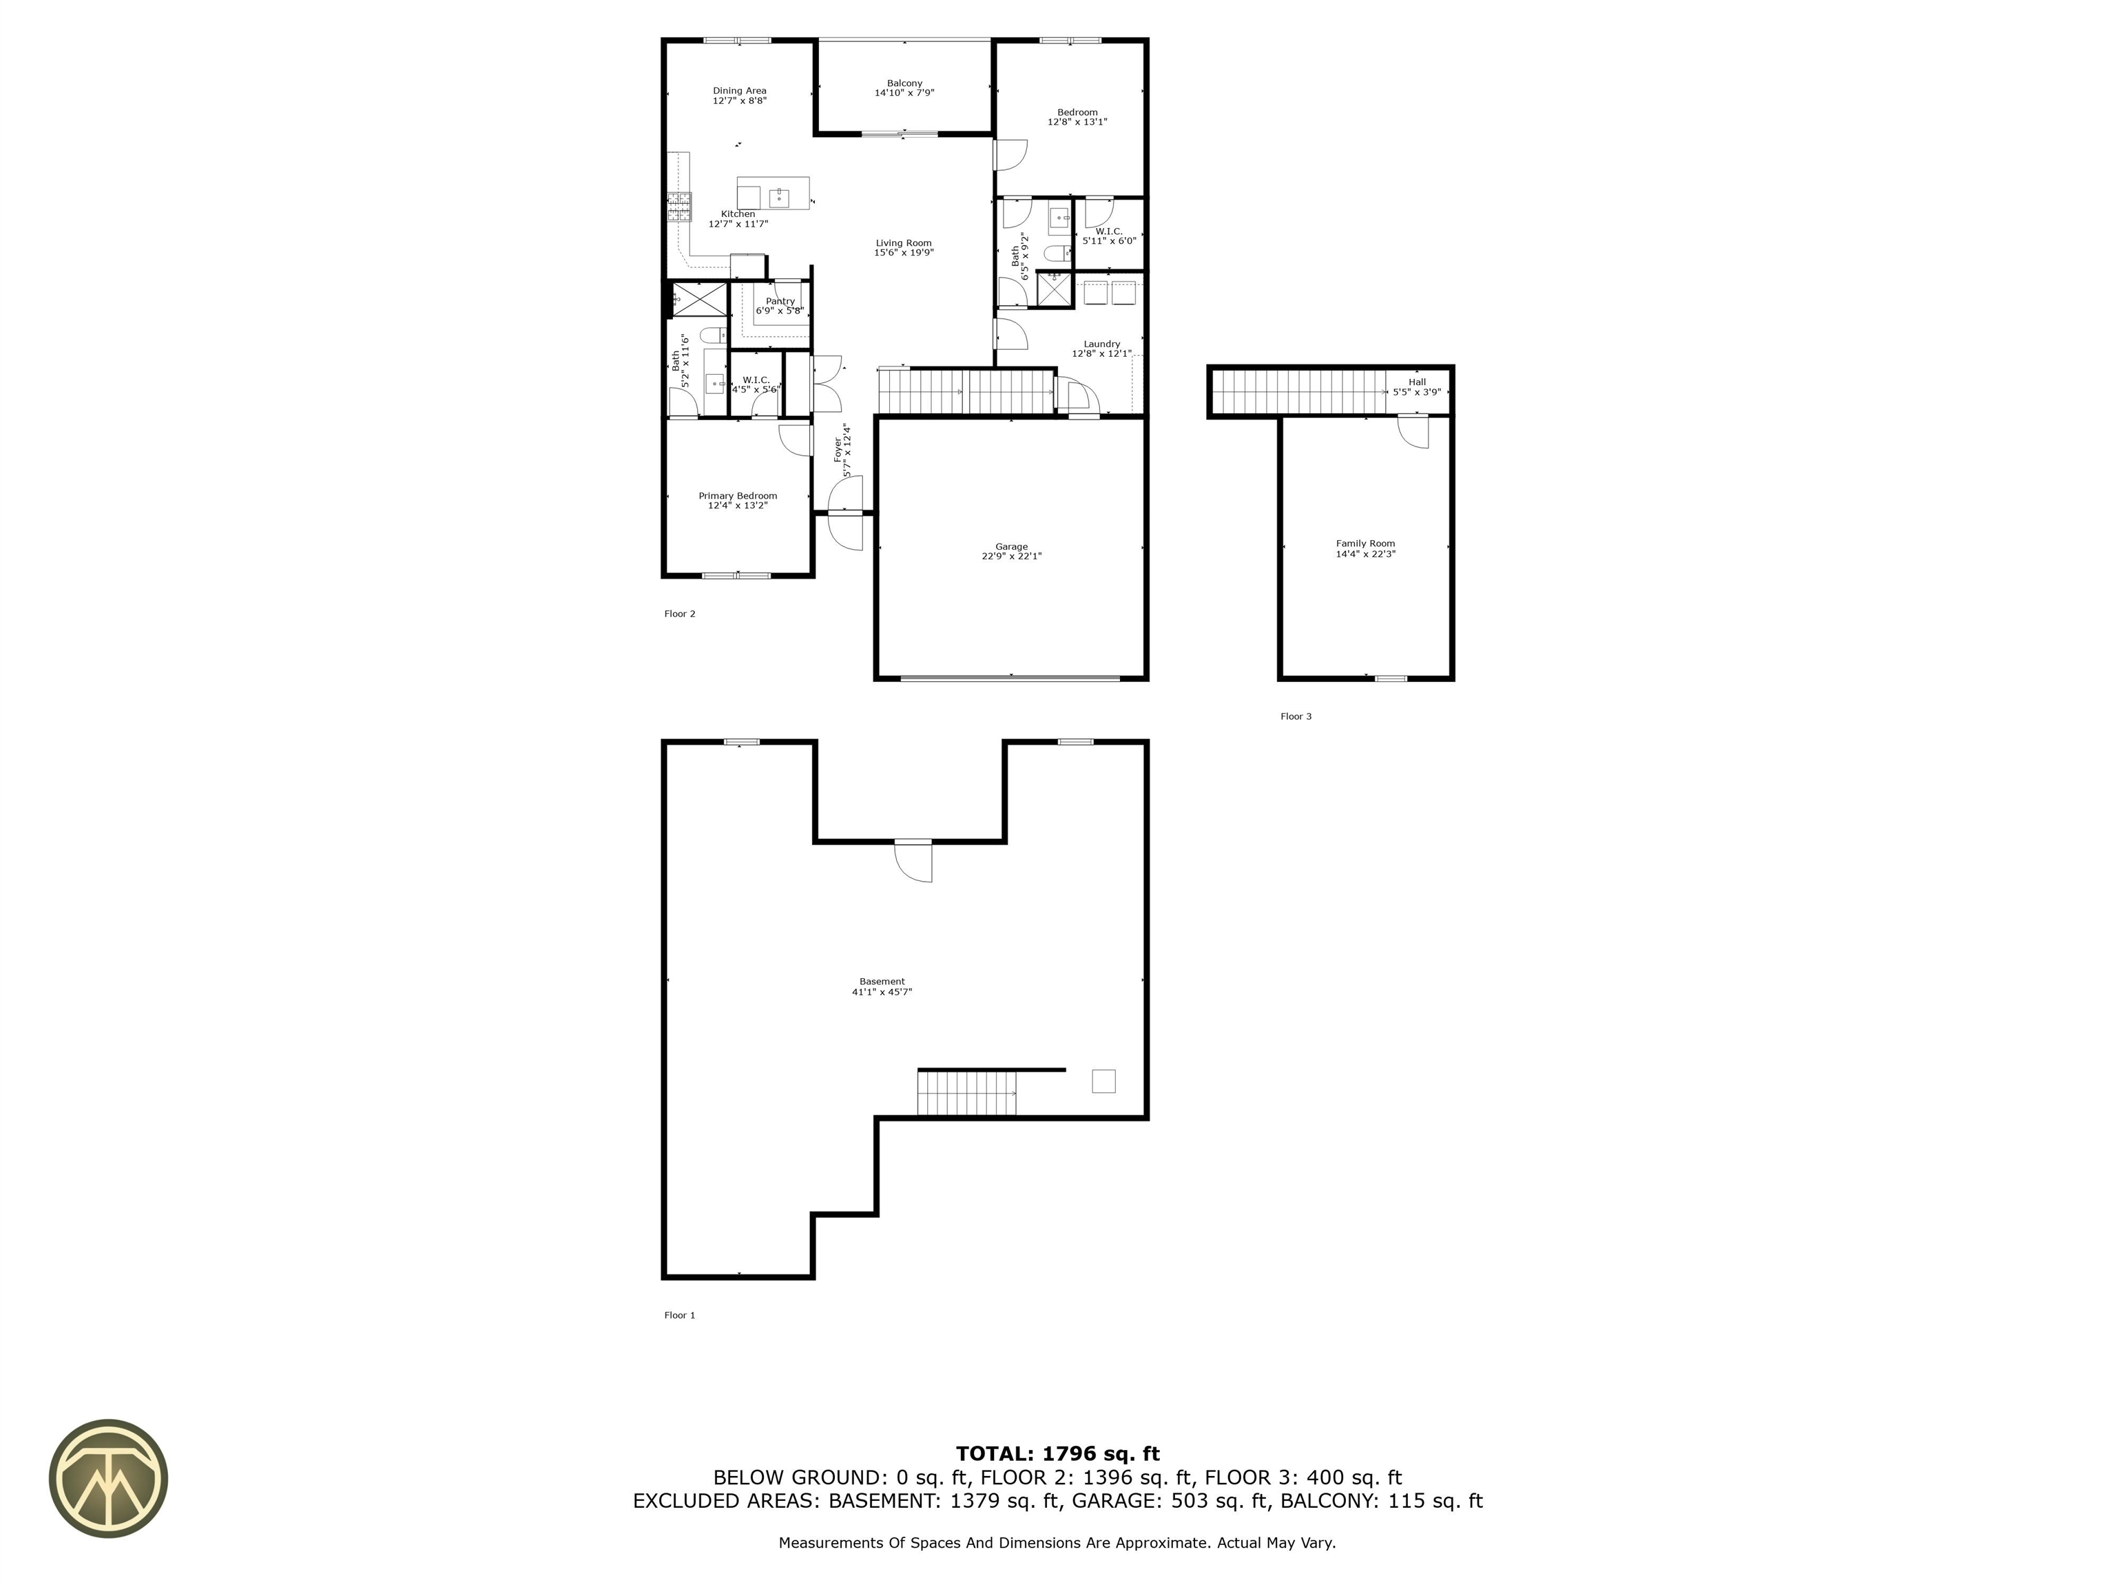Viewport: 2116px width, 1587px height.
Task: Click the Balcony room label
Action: click(904, 83)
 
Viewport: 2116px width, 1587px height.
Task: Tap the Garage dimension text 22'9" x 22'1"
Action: click(1011, 557)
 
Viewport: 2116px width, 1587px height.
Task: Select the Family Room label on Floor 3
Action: click(1365, 543)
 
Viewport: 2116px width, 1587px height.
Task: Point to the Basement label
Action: click(881, 982)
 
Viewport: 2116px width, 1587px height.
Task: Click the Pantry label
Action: click(780, 301)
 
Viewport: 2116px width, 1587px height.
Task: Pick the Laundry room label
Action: click(1101, 344)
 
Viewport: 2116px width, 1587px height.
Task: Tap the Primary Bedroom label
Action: click(738, 495)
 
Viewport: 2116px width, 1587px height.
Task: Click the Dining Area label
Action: click(740, 91)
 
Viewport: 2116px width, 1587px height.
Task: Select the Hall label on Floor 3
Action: click(1417, 382)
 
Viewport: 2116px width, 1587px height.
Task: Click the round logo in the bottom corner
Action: click(108, 1478)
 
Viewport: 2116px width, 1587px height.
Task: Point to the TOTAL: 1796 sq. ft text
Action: click(1057, 1454)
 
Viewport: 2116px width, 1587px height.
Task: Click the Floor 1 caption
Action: click(679, 1316)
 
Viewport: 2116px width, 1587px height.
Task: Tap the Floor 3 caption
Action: click(1295, 716)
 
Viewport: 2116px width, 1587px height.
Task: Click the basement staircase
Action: click(966, 1093)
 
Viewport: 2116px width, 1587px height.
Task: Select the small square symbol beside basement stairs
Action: click(1103, 1081)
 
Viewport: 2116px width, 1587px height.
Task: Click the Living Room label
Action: click(903, 243)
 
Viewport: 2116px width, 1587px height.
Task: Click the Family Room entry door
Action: click(1413, 431)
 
